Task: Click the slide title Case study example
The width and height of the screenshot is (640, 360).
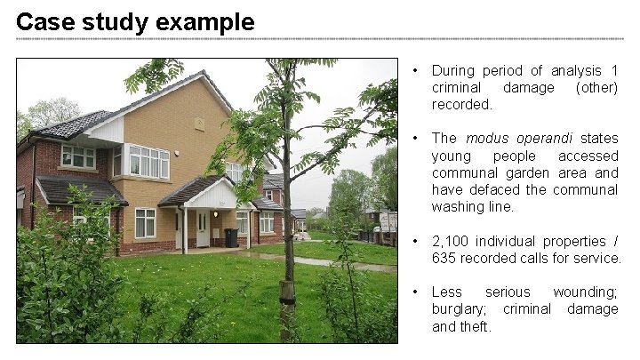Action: [135, 21]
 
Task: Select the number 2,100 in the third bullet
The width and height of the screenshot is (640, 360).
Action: [452, 241]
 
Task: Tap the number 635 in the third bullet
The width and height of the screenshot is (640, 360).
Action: [445, 258]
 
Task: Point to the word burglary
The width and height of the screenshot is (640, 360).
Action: [460, 309]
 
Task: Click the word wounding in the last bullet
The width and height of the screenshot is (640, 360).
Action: [585, 292]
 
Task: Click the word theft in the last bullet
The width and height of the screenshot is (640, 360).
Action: [476, 326]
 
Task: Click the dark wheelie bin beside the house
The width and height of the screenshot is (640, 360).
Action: [231, 237]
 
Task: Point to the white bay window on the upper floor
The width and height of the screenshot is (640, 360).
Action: [147, 162]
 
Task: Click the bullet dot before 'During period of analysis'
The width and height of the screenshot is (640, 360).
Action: [416, 71]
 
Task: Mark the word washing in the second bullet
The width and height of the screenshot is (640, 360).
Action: [460, 207]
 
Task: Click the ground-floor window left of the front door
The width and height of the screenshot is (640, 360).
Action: [145, 222]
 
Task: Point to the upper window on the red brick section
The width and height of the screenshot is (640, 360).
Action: [77, 156]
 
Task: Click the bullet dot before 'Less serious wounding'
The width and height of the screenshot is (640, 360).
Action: [416, 292]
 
